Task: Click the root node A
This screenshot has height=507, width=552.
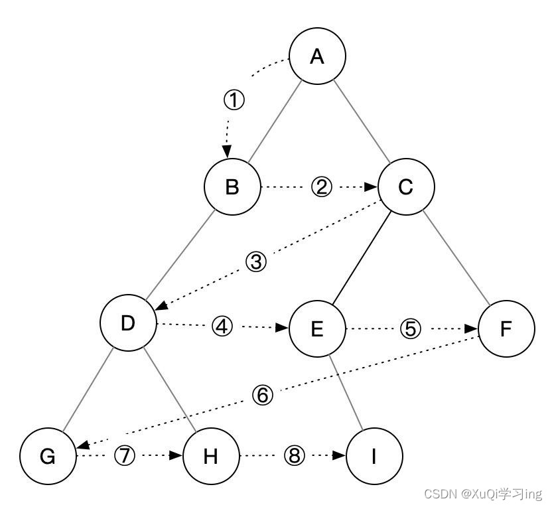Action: pos(317,56)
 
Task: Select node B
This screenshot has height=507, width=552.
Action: pos(232,187)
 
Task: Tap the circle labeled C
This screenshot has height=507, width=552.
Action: pos(406,187)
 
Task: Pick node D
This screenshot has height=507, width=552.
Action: pos(128,323)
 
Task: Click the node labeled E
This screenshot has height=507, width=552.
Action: pos(317,328)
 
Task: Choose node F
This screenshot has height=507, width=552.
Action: pos(506,328)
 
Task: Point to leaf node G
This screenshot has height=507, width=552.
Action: pos(48,457)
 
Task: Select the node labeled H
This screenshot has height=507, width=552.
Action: pos(211,457)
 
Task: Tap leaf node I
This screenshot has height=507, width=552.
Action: pos(374,457)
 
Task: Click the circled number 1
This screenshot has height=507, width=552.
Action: pos(234,100)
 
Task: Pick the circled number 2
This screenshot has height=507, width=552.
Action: pos(321,187)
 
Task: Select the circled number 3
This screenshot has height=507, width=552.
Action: pos(256,261)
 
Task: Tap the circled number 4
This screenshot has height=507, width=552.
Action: pos(223,326)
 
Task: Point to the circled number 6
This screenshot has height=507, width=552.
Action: pos(263,396)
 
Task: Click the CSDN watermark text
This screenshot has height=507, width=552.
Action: pos(482,494)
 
